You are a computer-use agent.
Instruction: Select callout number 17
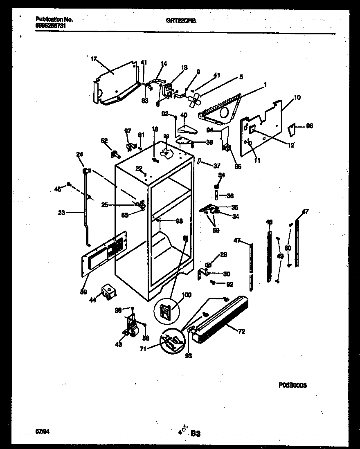point(94,59)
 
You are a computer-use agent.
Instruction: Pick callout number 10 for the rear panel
point(297,98)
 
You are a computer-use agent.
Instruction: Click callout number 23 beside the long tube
point(62,212)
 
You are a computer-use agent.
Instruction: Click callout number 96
point(309,126)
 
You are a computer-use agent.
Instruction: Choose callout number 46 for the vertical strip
point(269,222)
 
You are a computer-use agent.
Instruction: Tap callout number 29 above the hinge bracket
point(223,255)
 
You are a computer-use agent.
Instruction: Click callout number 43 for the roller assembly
point(119,344)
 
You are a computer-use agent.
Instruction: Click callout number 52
point(104,141)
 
